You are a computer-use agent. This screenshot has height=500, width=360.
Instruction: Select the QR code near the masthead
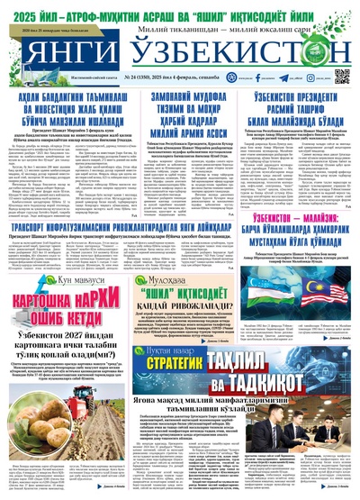(341, 75)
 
